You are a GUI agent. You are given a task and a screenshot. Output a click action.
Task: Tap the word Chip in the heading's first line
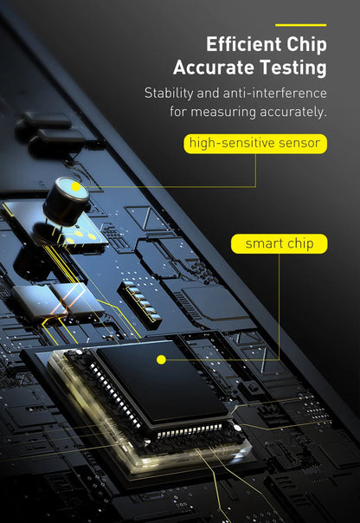pyautogui.click(x=306, y=45)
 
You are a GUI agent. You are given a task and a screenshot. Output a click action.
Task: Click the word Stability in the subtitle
pyautogui.click(x=169, y=94)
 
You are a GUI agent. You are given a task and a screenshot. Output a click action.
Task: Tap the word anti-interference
pyautogui.click(x=274, y=93)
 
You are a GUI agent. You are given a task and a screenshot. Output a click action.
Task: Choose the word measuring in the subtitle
pyautogui.click(x=223, y=112)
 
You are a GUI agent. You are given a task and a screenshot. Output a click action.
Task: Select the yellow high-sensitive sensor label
pyautogui.click(x=255, y=144)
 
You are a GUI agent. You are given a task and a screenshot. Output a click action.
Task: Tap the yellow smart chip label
pyautogui.click(x=279, y=244)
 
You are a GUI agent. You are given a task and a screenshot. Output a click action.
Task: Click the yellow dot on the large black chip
pyautogui.click(x=161, y=359)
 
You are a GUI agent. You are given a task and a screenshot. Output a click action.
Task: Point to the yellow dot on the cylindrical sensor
pyautogui.click(x=76, y=187)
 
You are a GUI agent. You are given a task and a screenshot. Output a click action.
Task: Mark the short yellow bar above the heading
pyautogui.click(x=300, y=25)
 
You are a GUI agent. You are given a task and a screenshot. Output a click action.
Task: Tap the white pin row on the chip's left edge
pyautogui.click(x=115, y=395)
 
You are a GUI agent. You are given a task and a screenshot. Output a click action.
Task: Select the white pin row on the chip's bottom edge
pyautogui.click(x=190, y=430)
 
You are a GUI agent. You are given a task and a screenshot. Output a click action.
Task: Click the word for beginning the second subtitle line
pyautogui.click(x=178, y=112)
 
